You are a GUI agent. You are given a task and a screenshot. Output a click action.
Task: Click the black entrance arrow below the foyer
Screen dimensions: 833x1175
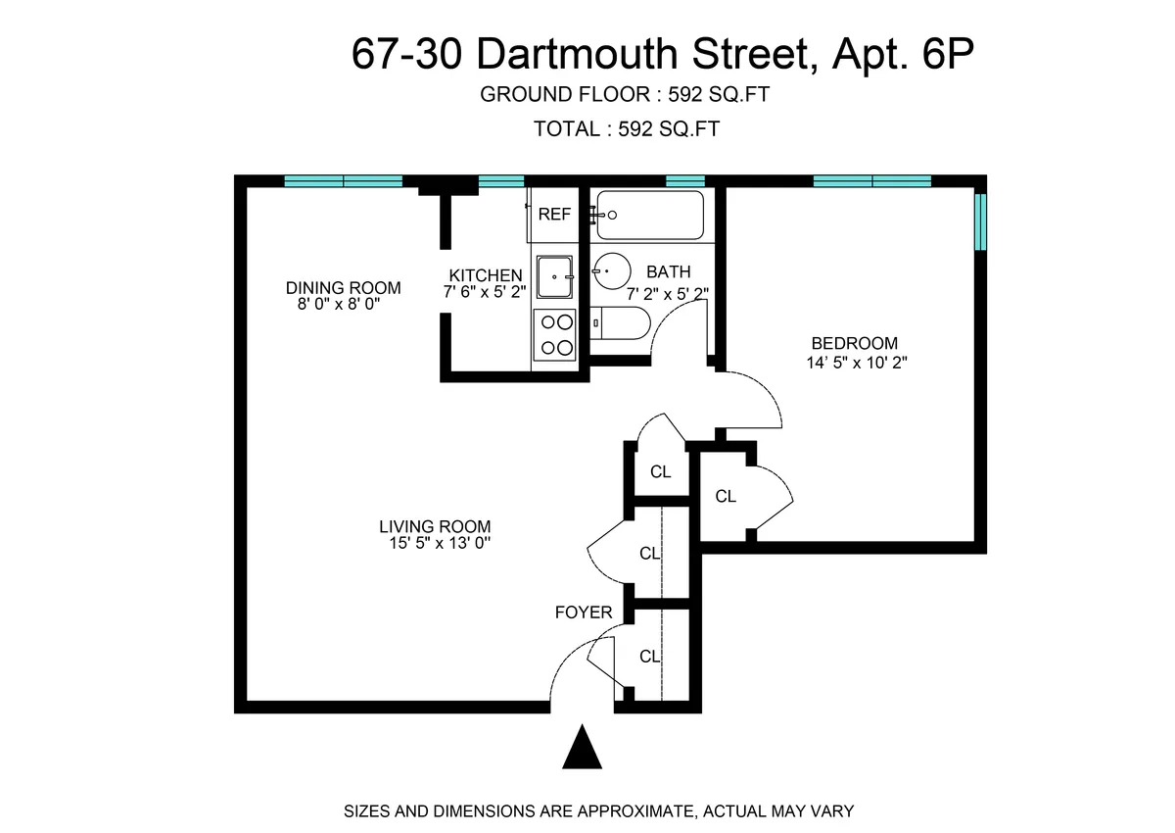(x=583, y=748)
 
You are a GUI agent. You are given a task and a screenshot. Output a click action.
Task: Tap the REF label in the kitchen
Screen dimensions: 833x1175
(x=554, y=215)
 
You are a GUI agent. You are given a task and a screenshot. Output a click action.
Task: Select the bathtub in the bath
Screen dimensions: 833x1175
(x=651, y=215)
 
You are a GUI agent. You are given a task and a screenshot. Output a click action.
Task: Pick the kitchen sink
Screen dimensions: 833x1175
(x=555, y=275)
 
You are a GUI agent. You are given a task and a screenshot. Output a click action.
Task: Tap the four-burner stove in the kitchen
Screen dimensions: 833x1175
(x=555, y=333)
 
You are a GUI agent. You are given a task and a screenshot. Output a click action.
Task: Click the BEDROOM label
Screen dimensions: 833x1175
(x=854, y=344)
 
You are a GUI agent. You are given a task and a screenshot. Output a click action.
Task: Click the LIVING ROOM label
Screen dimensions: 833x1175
(x=435, y=526)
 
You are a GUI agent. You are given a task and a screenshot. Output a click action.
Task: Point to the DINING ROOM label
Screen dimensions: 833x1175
(x=343, y=288)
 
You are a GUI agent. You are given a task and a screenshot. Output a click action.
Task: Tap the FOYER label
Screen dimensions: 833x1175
(x=584, y=613)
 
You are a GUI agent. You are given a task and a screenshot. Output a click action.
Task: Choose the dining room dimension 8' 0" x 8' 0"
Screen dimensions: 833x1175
(x=339, y=305)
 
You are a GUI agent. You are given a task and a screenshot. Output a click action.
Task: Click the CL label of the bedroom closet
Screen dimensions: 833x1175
(x=726, y=497)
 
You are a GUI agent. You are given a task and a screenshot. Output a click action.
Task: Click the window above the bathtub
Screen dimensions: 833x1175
(x=685, y=180)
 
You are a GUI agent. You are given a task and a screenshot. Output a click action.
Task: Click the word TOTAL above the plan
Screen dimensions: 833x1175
(x=565, y=128)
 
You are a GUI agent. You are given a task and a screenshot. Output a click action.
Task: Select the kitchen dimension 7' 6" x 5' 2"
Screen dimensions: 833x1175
(x=485, y=292)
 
